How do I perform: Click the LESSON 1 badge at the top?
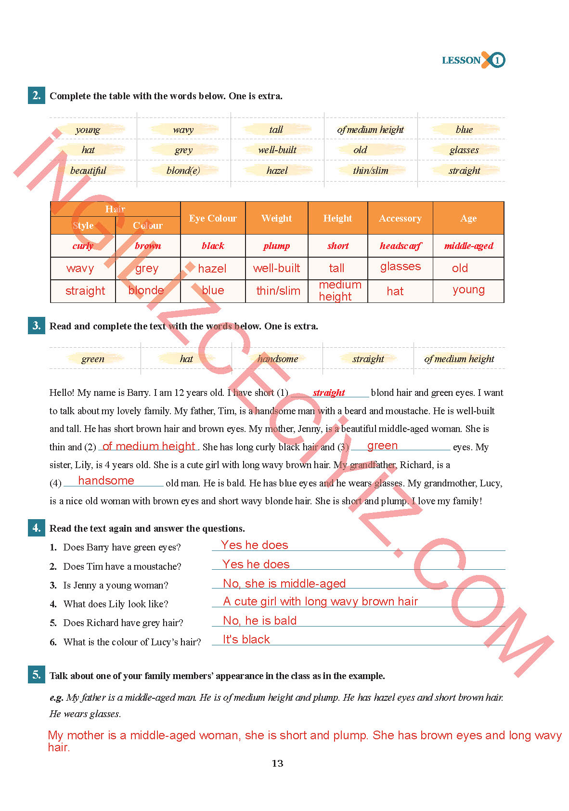tap(473, 60)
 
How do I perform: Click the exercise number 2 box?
tap(37, 95)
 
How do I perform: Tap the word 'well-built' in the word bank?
tap(277, 150)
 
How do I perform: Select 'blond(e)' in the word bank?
tap(183, 170)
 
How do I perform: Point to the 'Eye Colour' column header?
tap(213, 218)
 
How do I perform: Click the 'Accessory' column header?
tap(400, 218)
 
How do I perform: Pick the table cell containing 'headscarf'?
tap(400, 246)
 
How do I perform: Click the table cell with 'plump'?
tap(276, 246)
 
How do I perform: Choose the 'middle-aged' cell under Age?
tap(468, 246)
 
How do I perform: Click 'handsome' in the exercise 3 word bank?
tap(278, 359)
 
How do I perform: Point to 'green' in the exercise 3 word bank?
tap(93, 359)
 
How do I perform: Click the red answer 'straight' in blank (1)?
tap(329, 392)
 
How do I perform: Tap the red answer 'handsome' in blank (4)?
tap(106, 481)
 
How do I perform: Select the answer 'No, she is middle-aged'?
tap(284, 584)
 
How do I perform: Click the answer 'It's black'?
tap(246, 640)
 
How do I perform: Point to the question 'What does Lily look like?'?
tap(116, 604)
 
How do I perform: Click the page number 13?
tap(277, 763)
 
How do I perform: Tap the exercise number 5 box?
tap(37, 675)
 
